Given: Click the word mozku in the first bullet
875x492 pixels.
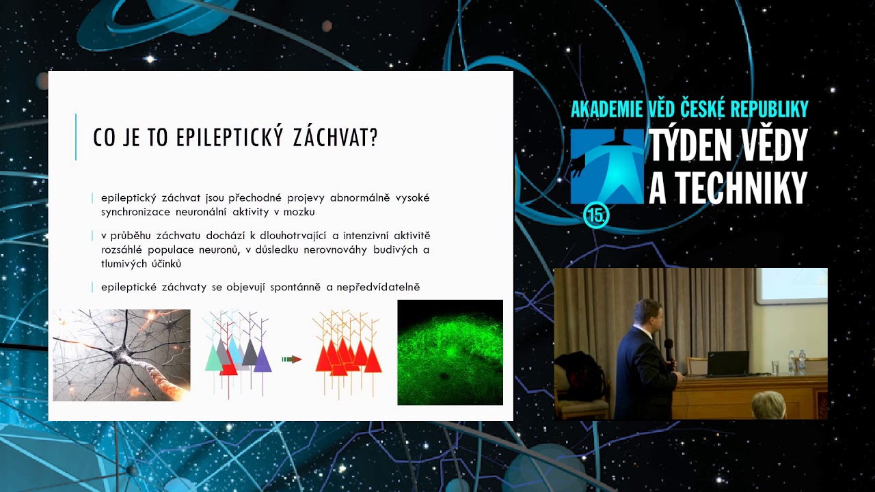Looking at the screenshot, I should click(x=299, y=212).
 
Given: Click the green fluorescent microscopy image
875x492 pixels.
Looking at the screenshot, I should click(x=450, y=352).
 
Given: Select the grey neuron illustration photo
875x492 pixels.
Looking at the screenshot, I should click(x=122, y=355).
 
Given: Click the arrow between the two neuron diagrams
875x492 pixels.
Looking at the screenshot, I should click(x=292, y=359).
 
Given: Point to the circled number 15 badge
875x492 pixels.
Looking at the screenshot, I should click(x=596, y=216).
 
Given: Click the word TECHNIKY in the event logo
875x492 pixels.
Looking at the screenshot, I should click(x=728, y=187).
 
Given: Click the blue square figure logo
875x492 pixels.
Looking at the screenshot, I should click(x=607, y=167).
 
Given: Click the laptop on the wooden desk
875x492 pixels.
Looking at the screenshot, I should click(x=727, y=364).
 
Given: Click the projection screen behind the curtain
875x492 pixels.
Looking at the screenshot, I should click(x=792, y=284).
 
